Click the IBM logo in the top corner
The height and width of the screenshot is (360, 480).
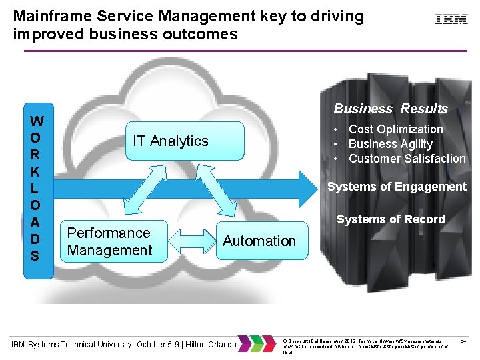(451, 19)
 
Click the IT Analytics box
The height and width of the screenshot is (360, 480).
(171, 141)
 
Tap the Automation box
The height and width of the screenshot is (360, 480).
(259, 241)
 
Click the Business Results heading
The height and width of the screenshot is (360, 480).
(391, 109)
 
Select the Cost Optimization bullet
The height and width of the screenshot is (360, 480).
(395, 129)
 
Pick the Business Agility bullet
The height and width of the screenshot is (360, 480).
(390, 144)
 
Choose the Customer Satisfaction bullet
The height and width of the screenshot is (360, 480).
(407, 159)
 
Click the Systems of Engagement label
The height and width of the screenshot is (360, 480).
(397, 187)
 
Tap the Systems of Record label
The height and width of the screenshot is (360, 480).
(391, 219)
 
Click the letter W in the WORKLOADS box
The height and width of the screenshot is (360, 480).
(37, 121)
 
